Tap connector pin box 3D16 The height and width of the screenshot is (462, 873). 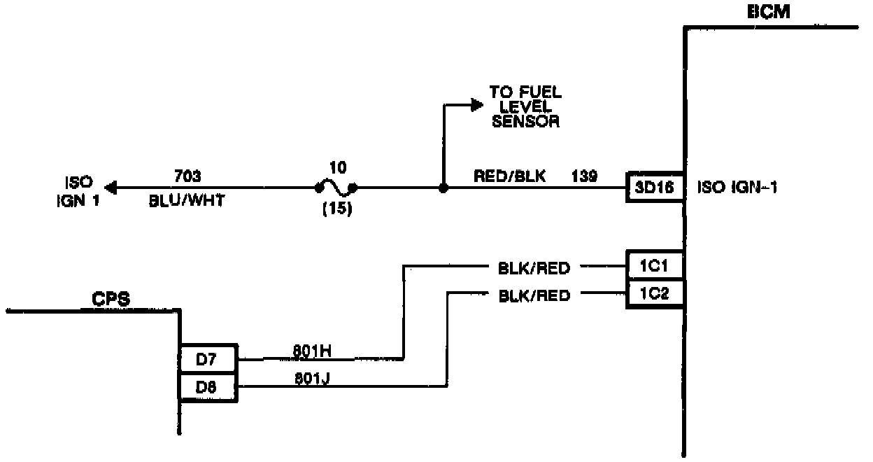pyautogui.click(x=655, y=188)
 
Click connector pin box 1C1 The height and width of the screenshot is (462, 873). pyautogui.click(x=655, y=266)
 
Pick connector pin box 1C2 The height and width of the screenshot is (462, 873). pyautogui.click(x=655, y=294)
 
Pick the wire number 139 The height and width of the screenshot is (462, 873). pyautogui.click(x=585, y=176)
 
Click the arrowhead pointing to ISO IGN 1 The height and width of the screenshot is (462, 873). pyautogui.click(x=111, y=188)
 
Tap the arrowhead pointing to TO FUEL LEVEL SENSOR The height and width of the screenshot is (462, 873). pyautogui.click(x=476, y=104)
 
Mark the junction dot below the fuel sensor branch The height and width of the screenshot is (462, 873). pyautogui.click(x=442, y=188)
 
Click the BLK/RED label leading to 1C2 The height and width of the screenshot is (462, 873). pyautogui.click(x=534, y=295)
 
